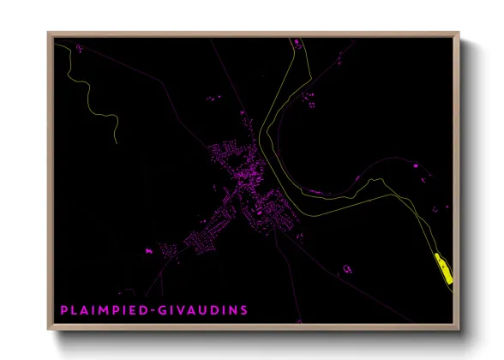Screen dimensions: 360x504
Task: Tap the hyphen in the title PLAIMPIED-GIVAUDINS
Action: [x=160, y=309]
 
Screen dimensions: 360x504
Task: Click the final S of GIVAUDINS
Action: [x=243, y=309]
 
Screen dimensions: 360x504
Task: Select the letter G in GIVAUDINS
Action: [x=169, y=309]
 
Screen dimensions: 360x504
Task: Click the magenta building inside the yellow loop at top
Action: [x=296, y=42]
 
